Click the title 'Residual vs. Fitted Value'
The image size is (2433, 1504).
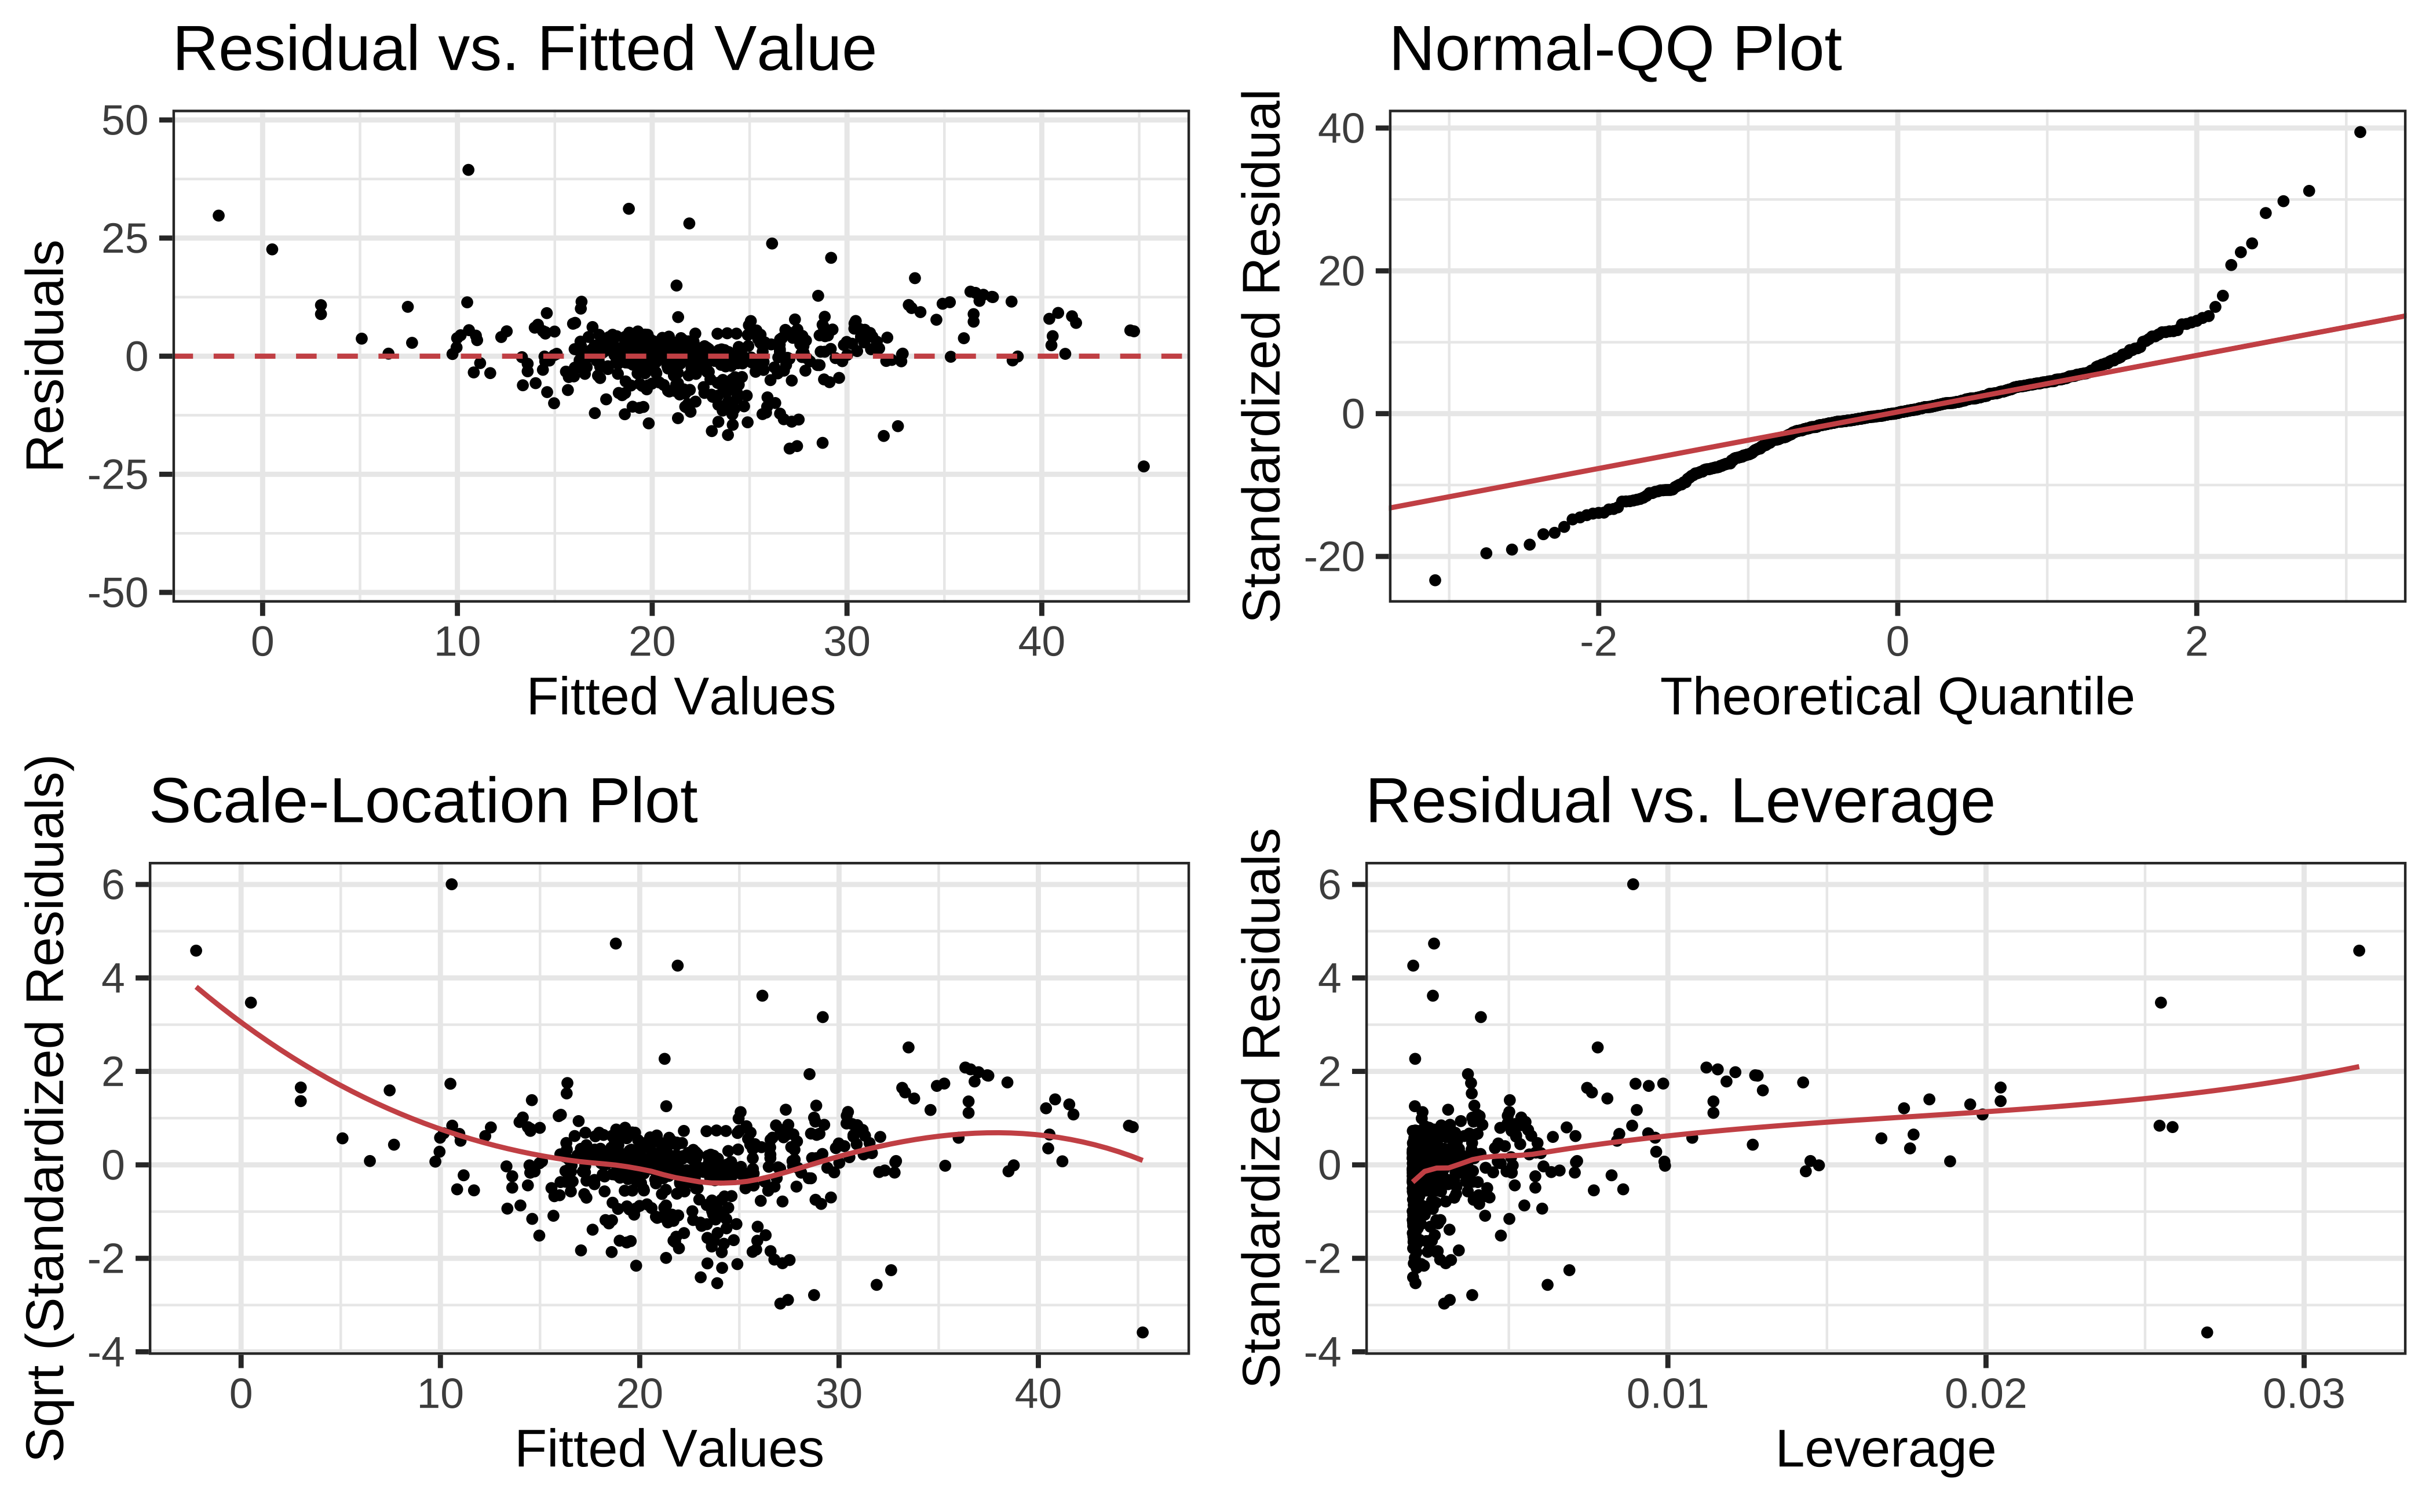tap(524, 50)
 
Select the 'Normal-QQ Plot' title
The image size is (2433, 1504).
tap(1614, 50)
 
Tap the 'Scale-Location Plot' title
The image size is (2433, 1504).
tap(423, 802)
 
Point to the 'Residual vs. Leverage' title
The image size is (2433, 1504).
tap(1679, 802)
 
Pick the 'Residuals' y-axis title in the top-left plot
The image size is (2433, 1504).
tap(46, 355)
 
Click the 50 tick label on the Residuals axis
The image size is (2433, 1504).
tap(125, 121)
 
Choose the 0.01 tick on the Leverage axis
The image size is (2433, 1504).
tap(1667, 1394)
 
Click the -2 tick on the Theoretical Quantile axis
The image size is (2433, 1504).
tap(1598, 643)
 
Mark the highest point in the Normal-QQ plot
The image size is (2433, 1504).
tap(2359, 132)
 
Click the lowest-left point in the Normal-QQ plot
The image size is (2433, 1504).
tap(1435, 580)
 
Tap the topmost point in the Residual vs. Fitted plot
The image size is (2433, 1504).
tap(468, 170)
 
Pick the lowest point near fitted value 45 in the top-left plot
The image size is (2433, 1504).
tap(1144, 467)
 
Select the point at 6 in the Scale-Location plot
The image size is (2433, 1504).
tap(451, 884)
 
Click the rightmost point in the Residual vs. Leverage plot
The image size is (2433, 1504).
tap(2358, 951)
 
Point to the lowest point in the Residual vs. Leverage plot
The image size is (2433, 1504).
tap(2207, 1332)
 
